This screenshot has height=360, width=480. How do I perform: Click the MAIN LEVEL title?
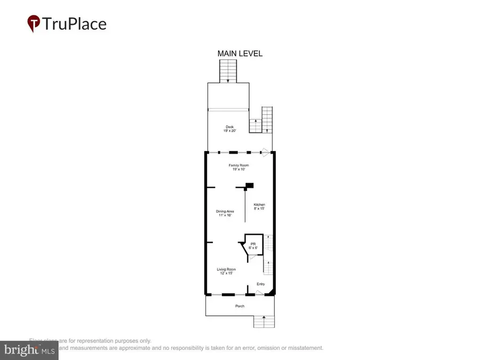point(239,53)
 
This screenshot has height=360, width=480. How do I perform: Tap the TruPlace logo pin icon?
point(34,23)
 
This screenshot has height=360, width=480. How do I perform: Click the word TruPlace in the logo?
point(75,24)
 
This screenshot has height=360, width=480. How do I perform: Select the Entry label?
point(260,284)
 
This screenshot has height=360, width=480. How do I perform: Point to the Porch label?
point(240,306)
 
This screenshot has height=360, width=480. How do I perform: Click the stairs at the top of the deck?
point(228,71)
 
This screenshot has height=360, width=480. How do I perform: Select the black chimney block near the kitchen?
point(249,186)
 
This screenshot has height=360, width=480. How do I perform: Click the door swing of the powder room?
point(253,257)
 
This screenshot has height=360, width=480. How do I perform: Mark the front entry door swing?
point(260,292)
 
